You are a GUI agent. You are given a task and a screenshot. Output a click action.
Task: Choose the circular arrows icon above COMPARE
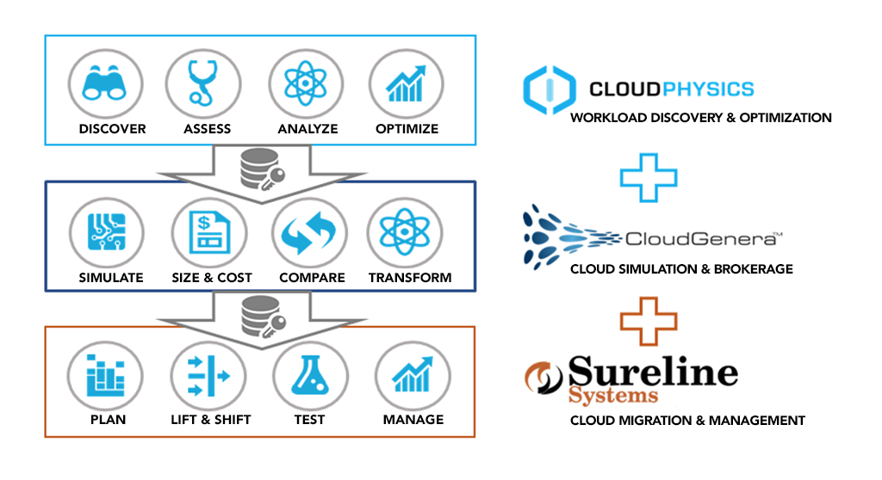click(309, 232)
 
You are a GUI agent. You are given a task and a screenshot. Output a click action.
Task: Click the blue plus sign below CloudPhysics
click(649, 177)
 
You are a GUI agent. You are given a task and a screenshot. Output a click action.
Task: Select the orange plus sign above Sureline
click(649, 321)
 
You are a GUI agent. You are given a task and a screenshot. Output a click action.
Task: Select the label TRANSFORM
click(410, 278)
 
